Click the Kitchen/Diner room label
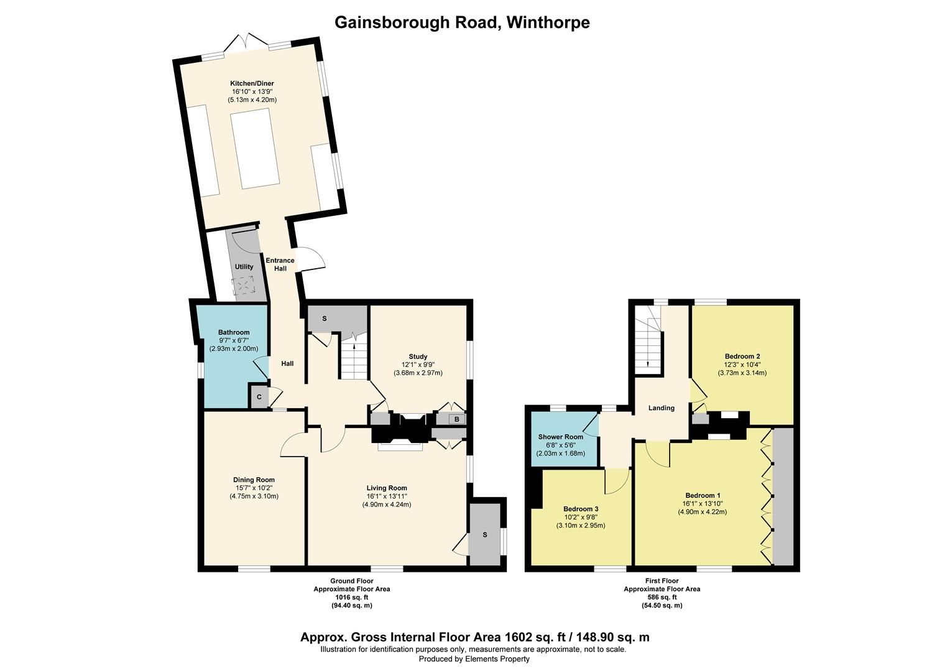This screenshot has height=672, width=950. [252, 83]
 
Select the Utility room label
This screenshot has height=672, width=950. [244, 267]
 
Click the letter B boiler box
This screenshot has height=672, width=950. [456, 419]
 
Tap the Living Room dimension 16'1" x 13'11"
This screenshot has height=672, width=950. [387, 497]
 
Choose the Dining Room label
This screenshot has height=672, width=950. [254, 480]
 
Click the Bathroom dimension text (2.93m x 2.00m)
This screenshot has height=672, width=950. [234, 349]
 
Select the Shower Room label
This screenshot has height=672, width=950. [561, 437]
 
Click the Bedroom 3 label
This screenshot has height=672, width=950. [581, 509]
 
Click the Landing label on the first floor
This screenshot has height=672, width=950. [661, 408]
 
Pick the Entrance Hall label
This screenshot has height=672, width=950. [280, 264]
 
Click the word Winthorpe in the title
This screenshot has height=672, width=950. [548, 22]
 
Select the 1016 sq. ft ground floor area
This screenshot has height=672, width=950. [351, 597]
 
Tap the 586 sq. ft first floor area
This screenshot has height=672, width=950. [662, 597]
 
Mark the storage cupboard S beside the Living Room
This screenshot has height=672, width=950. [485, 535]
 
